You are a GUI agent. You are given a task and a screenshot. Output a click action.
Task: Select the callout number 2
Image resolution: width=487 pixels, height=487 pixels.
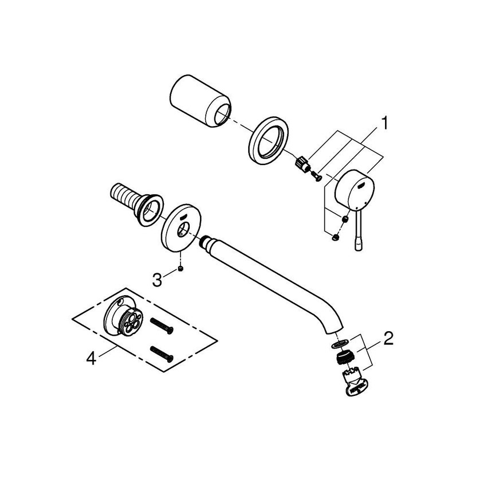pyautogui.click(x=388, y=339)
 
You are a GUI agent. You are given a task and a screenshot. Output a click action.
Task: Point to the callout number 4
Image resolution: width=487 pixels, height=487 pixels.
pyautogui.click(x=90, y=359)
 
